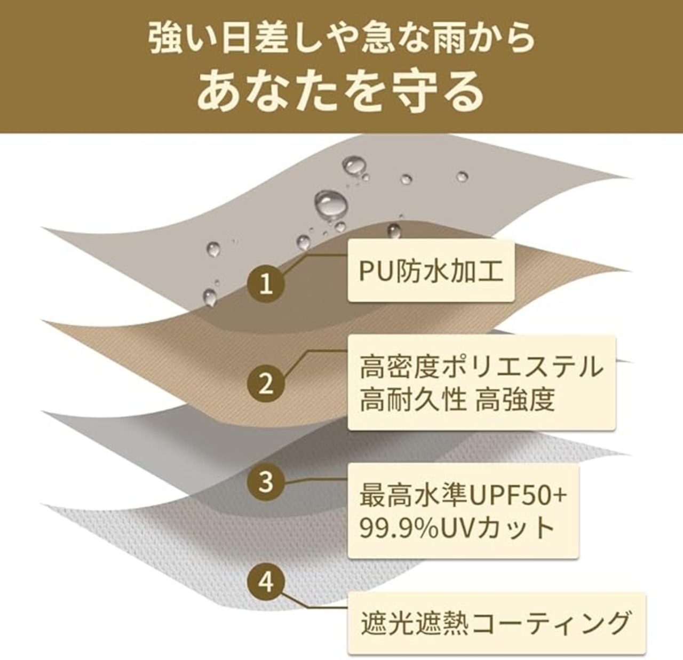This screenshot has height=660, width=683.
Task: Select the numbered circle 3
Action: (266, 482)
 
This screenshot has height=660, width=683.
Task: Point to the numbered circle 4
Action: (266, 581)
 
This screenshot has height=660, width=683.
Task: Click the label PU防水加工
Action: (431, 271)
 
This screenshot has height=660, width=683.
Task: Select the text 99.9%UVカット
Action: (457, 528)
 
